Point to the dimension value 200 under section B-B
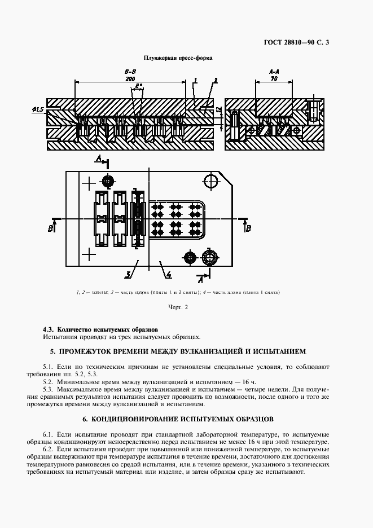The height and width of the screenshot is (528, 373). (x=130, y=80)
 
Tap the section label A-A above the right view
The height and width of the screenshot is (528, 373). (x=275, y=72)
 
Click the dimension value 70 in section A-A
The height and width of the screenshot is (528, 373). (x=275, y=80)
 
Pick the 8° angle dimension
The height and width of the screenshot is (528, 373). (x=138, y=86)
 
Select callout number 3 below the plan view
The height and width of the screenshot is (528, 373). (x=129, y=275)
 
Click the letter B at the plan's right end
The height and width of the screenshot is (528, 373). (x=247, y=228)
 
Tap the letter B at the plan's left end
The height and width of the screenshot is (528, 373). (x=51, y=228)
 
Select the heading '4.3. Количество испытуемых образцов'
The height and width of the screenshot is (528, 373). (x=100, y=329)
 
